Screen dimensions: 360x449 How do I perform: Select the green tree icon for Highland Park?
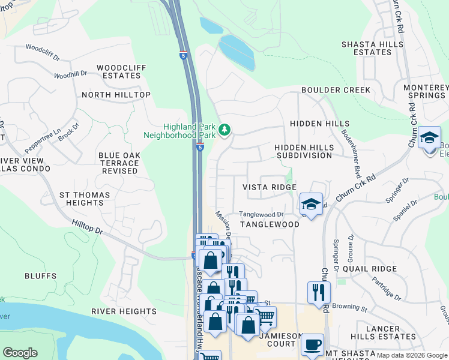click(x=224, y=130)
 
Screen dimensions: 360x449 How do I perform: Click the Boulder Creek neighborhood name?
click(x=336, y=90)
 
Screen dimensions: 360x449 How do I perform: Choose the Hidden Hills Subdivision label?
click(x=303, y=151)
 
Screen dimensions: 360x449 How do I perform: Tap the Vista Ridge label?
click(x=269, y=187)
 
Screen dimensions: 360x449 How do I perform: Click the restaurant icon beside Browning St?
click(x=318, y=292)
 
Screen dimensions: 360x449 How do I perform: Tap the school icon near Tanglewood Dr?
click(x=311, y=203)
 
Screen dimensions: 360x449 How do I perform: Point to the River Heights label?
click(x=124, y=311)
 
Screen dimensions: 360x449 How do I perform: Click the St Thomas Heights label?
click(x=85, y=199)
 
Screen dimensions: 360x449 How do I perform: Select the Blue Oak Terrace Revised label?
click(x=119, y=163)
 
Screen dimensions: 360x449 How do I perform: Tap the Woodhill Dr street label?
click(x=70, y=75)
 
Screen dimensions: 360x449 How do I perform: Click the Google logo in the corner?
click(x=20, y=353)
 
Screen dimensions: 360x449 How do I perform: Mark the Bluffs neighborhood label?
click(x=40, y=276)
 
